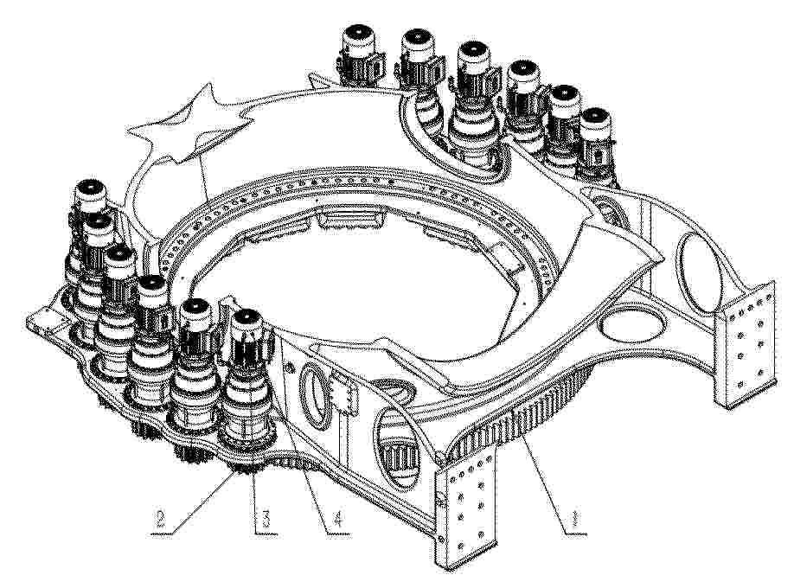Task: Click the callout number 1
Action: pos(574,521)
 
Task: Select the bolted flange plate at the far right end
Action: pos(746,344)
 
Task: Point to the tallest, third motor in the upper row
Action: pos(471,101)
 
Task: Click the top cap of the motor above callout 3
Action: pos(247,317)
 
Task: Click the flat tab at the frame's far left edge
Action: pos(47,323)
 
